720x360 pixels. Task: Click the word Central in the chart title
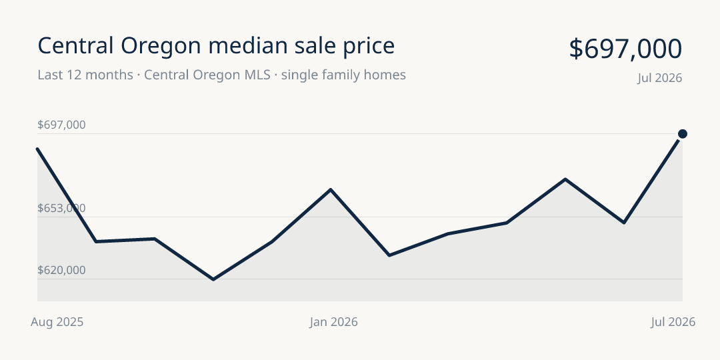click(75, 46)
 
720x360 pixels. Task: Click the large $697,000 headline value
click(625, 49)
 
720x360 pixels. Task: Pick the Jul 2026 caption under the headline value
click(659, 78)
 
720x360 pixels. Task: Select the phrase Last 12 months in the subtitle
click(85, 75)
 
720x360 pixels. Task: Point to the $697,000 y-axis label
click(61, 125)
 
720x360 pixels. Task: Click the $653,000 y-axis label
click(61, 209)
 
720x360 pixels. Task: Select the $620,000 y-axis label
click(61, 271)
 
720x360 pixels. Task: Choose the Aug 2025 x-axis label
click(57, 322)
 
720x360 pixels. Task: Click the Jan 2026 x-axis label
click(333, 322)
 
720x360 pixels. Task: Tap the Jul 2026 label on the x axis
click(673, 322)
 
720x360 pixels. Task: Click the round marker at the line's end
click(683, 134)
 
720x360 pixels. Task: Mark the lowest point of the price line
click(213, 279)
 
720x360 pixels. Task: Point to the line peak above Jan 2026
click(331, 189)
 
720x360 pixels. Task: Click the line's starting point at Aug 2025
click(37, 149)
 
